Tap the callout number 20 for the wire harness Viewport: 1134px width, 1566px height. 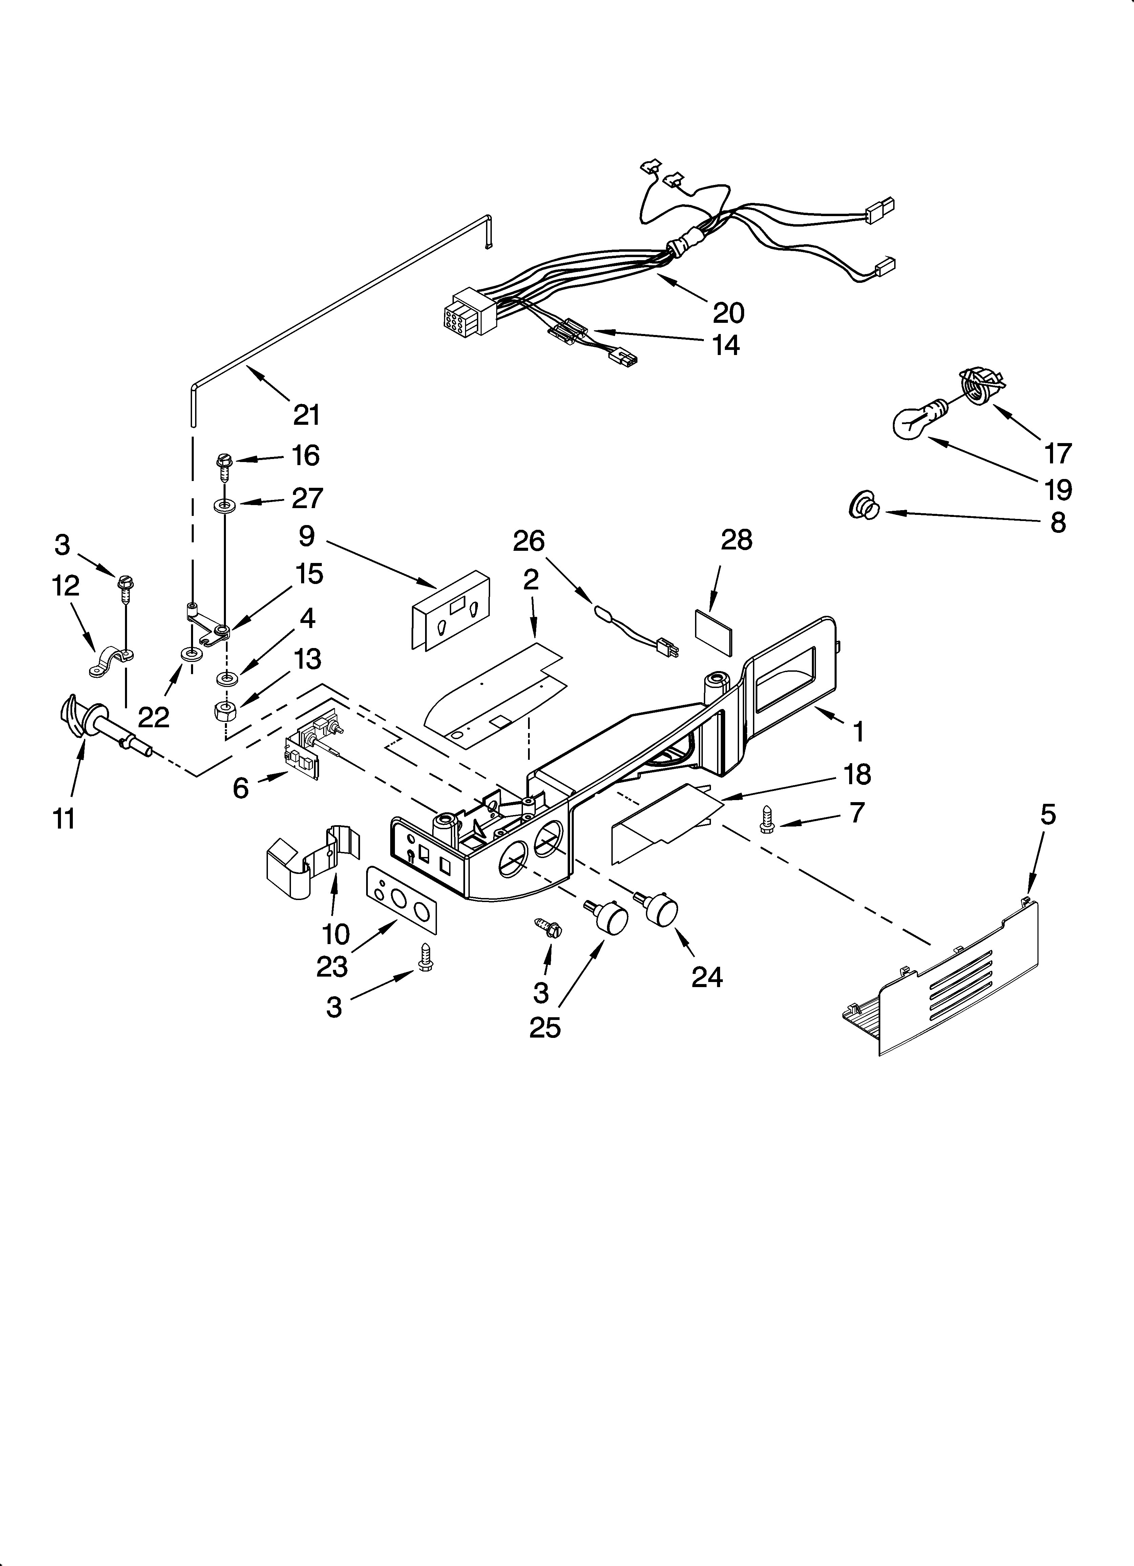click(729, 313)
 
